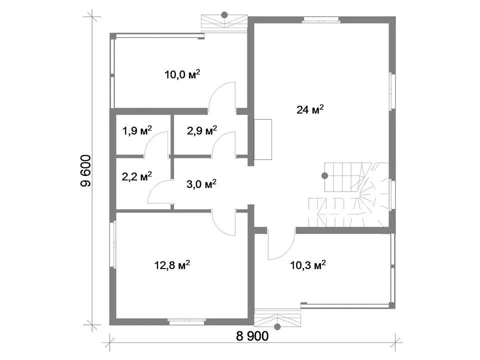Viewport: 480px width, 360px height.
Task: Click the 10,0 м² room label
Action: click(x=182, y=74)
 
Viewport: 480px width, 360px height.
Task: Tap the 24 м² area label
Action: click(x=310, y=109)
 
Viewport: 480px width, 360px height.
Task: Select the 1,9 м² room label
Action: click(x=137, y=130)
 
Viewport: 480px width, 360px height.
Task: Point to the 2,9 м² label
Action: click(x=202, y=130)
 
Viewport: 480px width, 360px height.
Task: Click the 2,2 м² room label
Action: click(x=137, y=176)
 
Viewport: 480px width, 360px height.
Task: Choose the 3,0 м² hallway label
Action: click(x=201, y=184)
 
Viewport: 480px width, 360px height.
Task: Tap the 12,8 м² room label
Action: click(x=172, y=265)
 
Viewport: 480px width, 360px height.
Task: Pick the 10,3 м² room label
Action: click(x=308, y=265)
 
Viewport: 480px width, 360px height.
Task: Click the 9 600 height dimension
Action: click(x=85, y=171)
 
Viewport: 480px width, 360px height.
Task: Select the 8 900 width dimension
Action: click(x=252, y=336)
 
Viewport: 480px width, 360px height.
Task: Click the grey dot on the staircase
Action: click(x=325, y=175)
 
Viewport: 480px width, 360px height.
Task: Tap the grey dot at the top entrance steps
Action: click(x=224, y=14)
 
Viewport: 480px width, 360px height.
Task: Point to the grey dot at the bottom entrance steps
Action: click(x=277, y=327)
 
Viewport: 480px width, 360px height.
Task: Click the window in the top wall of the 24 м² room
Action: click(x=321, y=20)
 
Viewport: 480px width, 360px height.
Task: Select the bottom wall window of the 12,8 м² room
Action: click(x=186, y=321)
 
